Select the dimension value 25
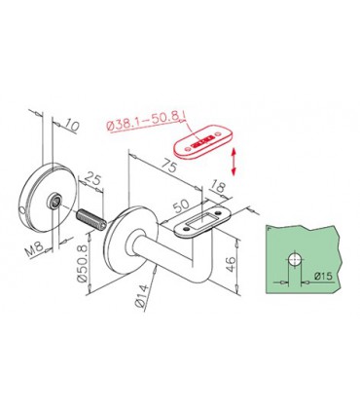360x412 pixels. (95, 180)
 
